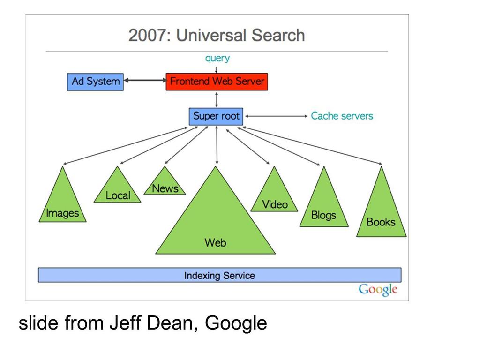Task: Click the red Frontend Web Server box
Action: coord(217,82)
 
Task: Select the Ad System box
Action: coord(95,82)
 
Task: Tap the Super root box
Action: coord(216,116)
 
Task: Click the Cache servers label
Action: coord(342,116)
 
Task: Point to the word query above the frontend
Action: coord(217,58)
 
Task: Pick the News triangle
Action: coord(165,185)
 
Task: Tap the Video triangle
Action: coord(274,196)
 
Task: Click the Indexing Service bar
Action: coord(220,275)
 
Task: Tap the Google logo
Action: coord(378,289)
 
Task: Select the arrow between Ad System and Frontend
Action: coord(145,80)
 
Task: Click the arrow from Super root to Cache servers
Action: coord(277,116)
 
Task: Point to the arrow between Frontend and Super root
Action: coord(217,99)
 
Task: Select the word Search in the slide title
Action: coord(278,35)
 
